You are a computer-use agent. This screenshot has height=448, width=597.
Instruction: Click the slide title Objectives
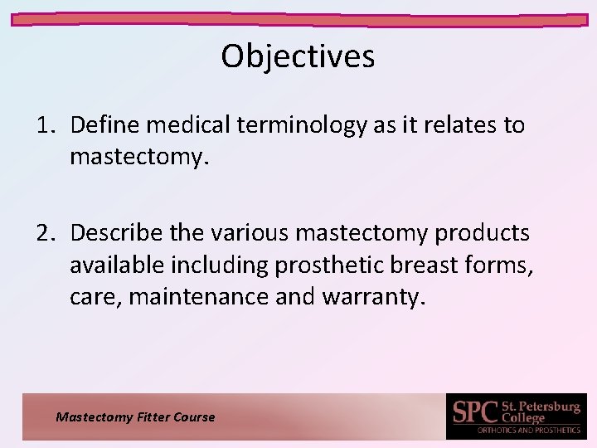(x=298, y=56)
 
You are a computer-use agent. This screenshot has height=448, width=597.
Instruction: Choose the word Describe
(x=116, y=233)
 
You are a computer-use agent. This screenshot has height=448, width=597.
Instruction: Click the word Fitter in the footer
(x=151, y=417)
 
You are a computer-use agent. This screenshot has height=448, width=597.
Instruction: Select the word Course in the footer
(x=194, y=417)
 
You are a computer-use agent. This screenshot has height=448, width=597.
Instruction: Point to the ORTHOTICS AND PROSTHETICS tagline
(x=528, y=431)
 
